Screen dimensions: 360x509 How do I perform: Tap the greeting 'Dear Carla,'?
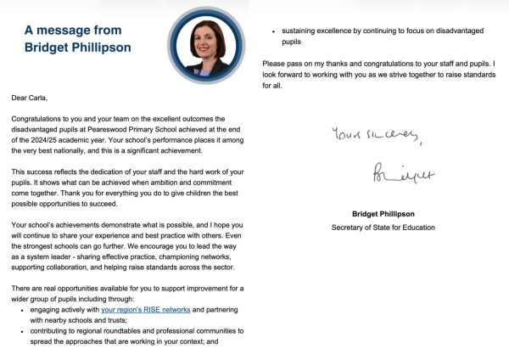pos(31,98)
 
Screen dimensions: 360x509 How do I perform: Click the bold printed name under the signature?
pos(383,213)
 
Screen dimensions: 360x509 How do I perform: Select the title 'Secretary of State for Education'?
pos(383,228)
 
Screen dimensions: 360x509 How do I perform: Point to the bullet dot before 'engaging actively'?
pos(20,311)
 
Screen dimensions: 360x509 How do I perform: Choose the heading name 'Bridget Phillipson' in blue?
pos(77,48)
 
